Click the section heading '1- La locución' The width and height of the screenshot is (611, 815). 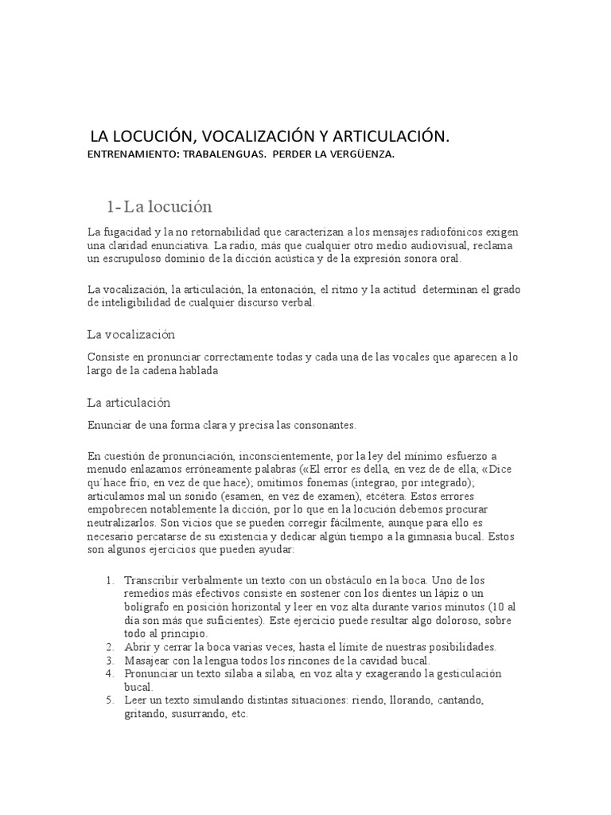(159, 207)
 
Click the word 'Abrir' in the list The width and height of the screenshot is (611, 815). (137, 647)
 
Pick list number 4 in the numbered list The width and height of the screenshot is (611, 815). (109, 674)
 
